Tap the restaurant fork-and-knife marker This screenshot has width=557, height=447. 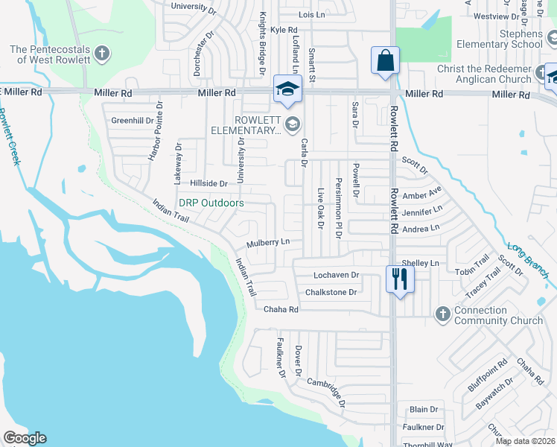[x=400, y=279]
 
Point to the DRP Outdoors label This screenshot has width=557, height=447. [x=211, y=203]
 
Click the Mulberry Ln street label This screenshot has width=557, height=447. [x=268, y=243]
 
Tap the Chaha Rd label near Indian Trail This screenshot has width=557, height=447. [x=281, y=309]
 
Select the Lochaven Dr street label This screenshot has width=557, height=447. [x=336, y=275]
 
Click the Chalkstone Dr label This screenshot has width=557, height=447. [x=331, y=292]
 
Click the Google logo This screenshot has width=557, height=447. [x=25, y=438]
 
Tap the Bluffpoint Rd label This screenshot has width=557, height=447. [x=488, y=376]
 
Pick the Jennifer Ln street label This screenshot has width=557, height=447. [x=421, y=212]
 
